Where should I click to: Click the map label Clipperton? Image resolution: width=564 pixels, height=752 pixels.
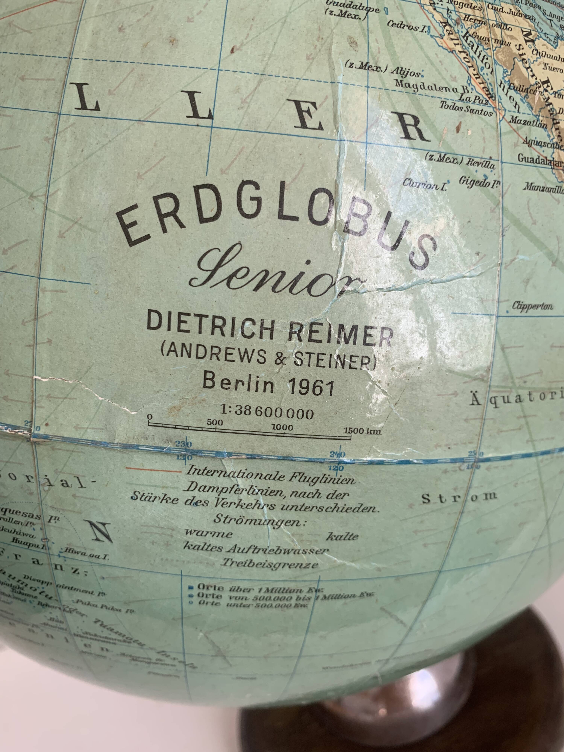pyautogui.click(x=532, y=306)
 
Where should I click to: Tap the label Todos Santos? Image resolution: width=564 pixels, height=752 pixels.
pyautogui.click(x=466, y=108)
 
